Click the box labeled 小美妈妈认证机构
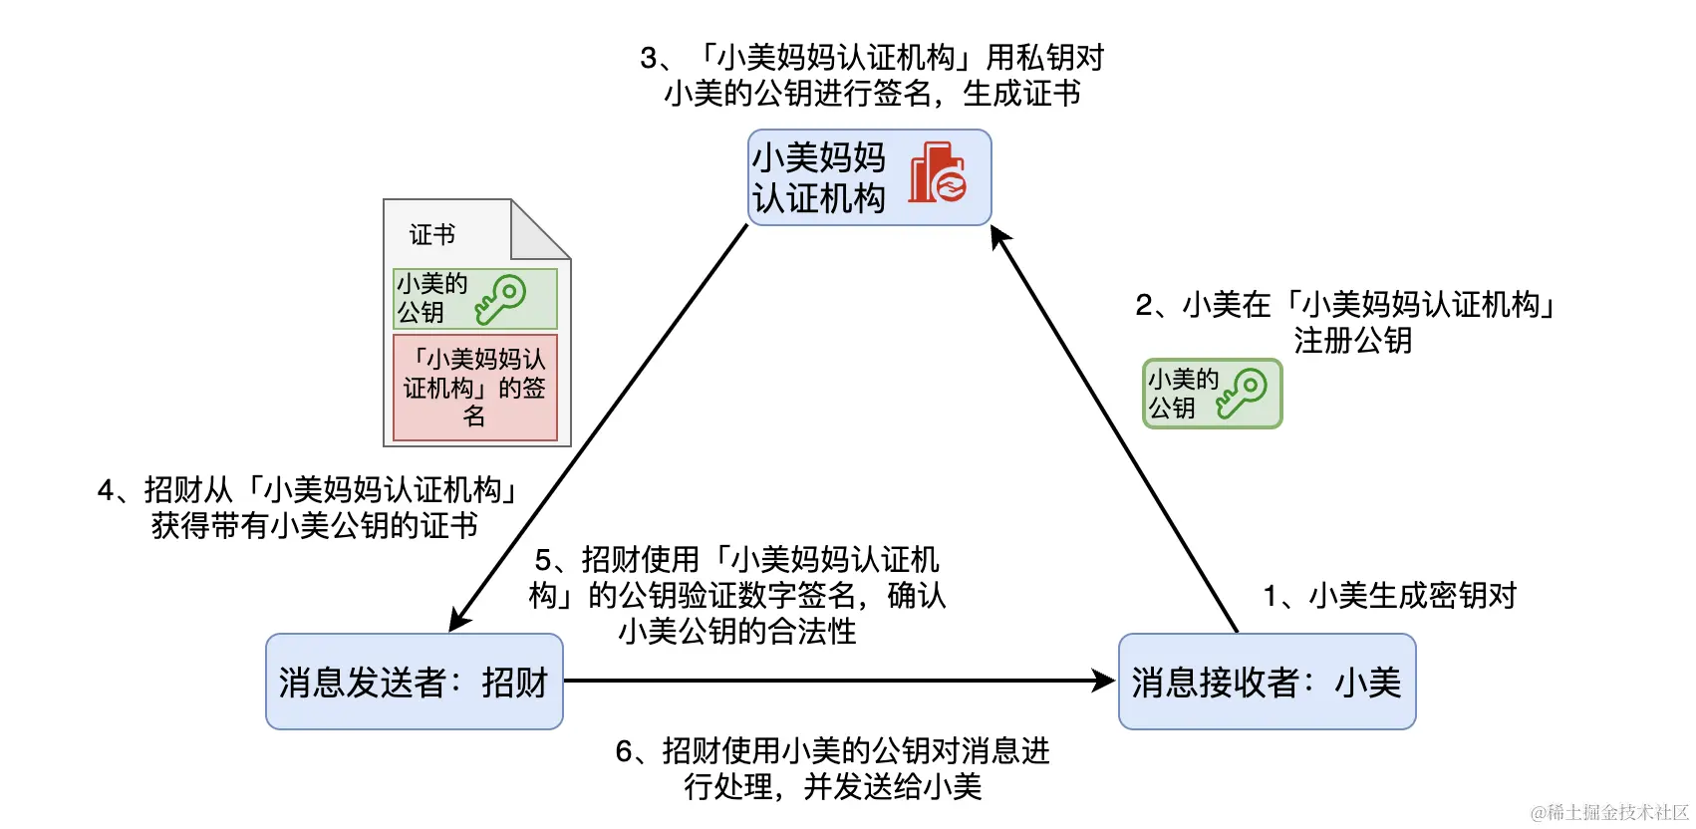pyautogui.click(x=869, y=177)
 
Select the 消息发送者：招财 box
pyautogui.click(x=414, y=682)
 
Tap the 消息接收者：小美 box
pyautogui.click(x=1267, y=682)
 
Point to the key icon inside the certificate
pyautogui.click(x=500, y=298)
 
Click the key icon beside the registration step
pyautogui.click(x=1242, y=393)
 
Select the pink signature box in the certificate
pyautogui.click(x=474, y=388)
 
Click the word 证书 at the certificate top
pyautogui.click(x=431, y=235)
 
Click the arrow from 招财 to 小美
pyautogui.click(x=837, y=682)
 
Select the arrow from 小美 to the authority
pyautogui.click(x=1114, y=428)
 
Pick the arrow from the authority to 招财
pyautogui.click(x=598, y=428)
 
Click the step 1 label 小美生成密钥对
pyautogui.click(x=1390, y=596)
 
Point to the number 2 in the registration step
pyautogui.click(x=1144, y=305)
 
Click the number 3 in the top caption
pyautogui.click(x=649, y=58)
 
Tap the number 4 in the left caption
pyautogui.click(x=106, y=490)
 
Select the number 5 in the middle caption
pyautogui.click(x=543, y=560)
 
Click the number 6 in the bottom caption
pyautogui.click(x=624, y=751)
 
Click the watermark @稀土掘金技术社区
pyautogui.click(x=1609, y=812)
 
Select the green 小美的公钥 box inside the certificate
pyautogui.click(x=474, y=298)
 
